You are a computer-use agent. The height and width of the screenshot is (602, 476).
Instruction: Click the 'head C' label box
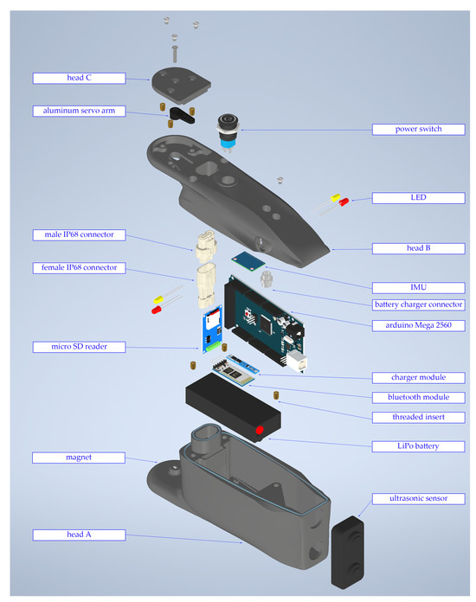pyautogui.click(x=80, y=78)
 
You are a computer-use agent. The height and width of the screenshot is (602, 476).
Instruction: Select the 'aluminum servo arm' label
pyautogui.click(x=80, y=111)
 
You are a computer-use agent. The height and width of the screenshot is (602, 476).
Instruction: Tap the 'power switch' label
pyautogui.click(x=418, y=130)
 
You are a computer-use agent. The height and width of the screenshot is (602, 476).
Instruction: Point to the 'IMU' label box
pyautogui.click(x=418, y=286)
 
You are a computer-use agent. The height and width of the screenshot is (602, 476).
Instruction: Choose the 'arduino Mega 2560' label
pyautogui.click(x=418, y=325)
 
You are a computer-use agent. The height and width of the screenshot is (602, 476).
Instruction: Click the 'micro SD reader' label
pyautogui.click(x=80, y=347)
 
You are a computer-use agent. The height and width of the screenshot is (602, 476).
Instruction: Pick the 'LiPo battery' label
pyautogui.click(x=418, y=446)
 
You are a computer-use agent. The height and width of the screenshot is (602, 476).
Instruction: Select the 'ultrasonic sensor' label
pyautogui.click(x=418, y=499)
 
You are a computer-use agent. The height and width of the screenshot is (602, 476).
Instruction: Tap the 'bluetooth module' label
pyautogui.click(x=418, y=397)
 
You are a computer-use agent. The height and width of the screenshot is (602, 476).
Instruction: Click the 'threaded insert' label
pyautogui.click(x=418, y=417)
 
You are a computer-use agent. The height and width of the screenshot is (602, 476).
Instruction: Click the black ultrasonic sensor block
pyautogui.click(x=349, y=553)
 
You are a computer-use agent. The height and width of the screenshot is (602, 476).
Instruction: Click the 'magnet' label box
pyautogui.click(x=80, y=457)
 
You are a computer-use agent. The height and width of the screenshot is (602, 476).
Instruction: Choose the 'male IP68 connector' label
pyautogui.click(x=80, y=234)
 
